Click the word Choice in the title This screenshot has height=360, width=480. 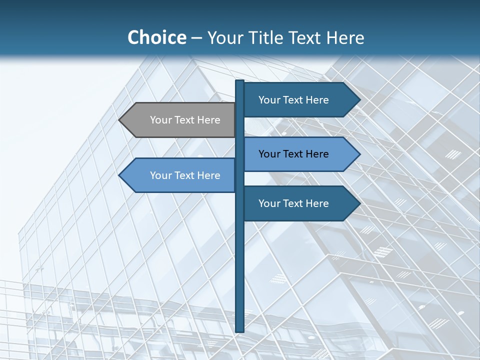click(156, 37)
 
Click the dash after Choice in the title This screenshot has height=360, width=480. click(196, 38)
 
